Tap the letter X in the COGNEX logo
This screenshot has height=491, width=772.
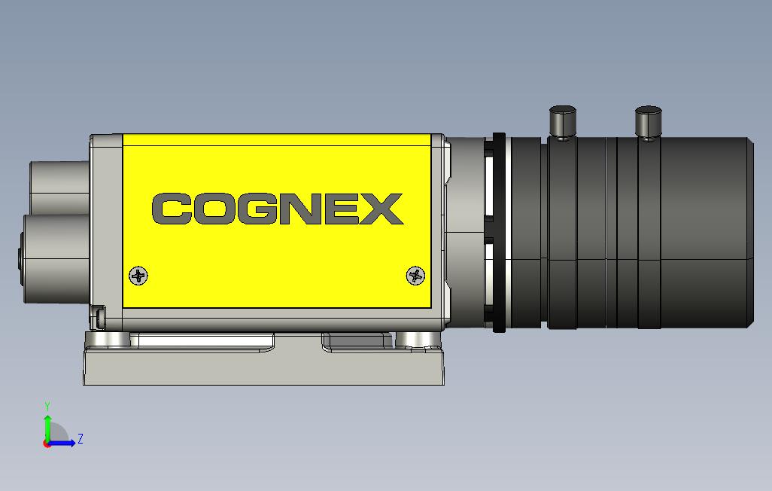(x=382, y=209)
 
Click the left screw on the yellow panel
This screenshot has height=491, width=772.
(x=138, y=276)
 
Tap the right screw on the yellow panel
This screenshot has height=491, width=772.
(x=415, y=276)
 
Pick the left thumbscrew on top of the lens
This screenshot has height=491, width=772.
(x=562, y=120)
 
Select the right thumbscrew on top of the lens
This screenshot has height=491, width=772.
(x=648, y=120)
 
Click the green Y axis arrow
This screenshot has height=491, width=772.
(x=47, y=427)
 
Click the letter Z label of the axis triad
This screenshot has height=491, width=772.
(x=81, y=438)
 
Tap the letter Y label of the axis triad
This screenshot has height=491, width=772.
(x=47, y=407)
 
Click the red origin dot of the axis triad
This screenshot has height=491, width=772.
(x=47, y=443)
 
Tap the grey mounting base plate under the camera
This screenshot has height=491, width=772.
(x=263, y=369)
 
